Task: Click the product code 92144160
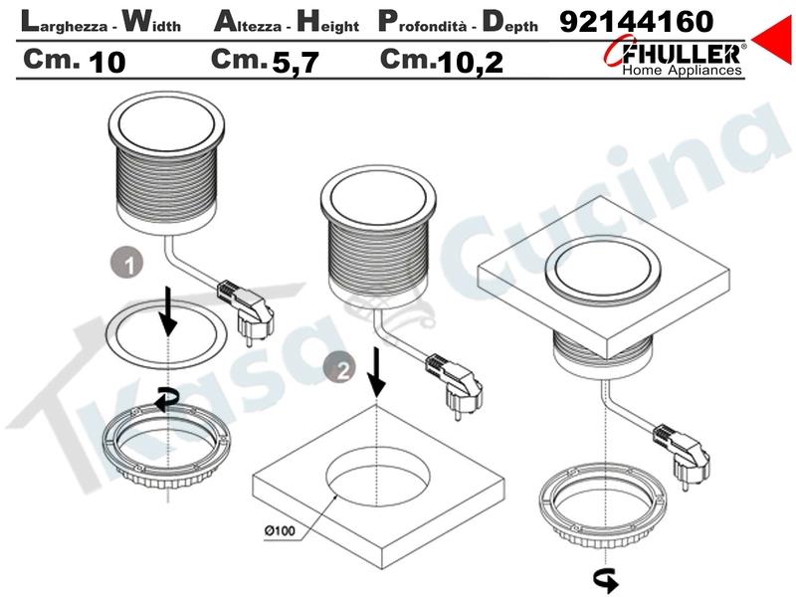pyautogui.click(x=637, y=22)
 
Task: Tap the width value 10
pyautogui.click(x=107, y=62)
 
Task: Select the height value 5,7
pyautogui.click(x=296, y=62)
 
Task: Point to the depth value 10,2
pyautogui.click(x=470, y=62)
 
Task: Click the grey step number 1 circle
pyautogui.click(x=127, y=263)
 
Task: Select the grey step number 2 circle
pyautogui.click(x=339, y=368)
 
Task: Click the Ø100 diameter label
pyautogui.click(x=280, y=530)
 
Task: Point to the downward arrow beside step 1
pyautogui.click(x=167, y=312)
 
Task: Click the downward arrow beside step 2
pyautogui.click(x=376, y=372)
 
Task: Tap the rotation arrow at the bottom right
pyautogui.click(x=605, y=580)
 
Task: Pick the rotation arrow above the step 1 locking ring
pyautogui.click(x=165, y=399)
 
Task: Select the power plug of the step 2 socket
pyautogui.click(x=455, y=383)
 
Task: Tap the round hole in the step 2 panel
pyautogui.click(x=378, y=478)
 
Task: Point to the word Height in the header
pyautogui.click(x=327, y=23)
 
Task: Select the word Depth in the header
pyautogui.click(x=509, y=23)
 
